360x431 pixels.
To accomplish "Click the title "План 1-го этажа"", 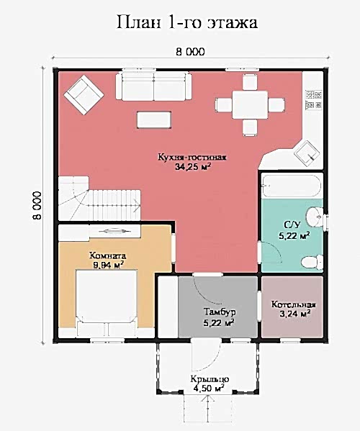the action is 187,22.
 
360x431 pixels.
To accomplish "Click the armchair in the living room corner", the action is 84,95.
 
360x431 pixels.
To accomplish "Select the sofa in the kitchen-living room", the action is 154,86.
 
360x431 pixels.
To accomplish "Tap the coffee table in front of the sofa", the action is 154,119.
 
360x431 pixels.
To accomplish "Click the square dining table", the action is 250,105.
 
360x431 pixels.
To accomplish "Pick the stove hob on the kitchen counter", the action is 313,99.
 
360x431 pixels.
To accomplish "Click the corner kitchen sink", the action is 307,154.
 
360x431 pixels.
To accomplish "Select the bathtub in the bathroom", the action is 292,186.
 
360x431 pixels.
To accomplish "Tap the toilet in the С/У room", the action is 312,262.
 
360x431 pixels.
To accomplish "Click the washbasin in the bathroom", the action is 315,217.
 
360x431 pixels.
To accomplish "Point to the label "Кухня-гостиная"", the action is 192,158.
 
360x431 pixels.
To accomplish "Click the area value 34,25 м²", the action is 193,167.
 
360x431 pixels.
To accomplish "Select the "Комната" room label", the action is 107,255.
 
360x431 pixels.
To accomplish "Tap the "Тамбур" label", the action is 220,312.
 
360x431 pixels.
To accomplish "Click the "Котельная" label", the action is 294,304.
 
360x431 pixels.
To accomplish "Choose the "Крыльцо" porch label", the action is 210,379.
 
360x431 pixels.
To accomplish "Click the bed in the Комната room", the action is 107,303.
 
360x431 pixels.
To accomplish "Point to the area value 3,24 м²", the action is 295,314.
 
